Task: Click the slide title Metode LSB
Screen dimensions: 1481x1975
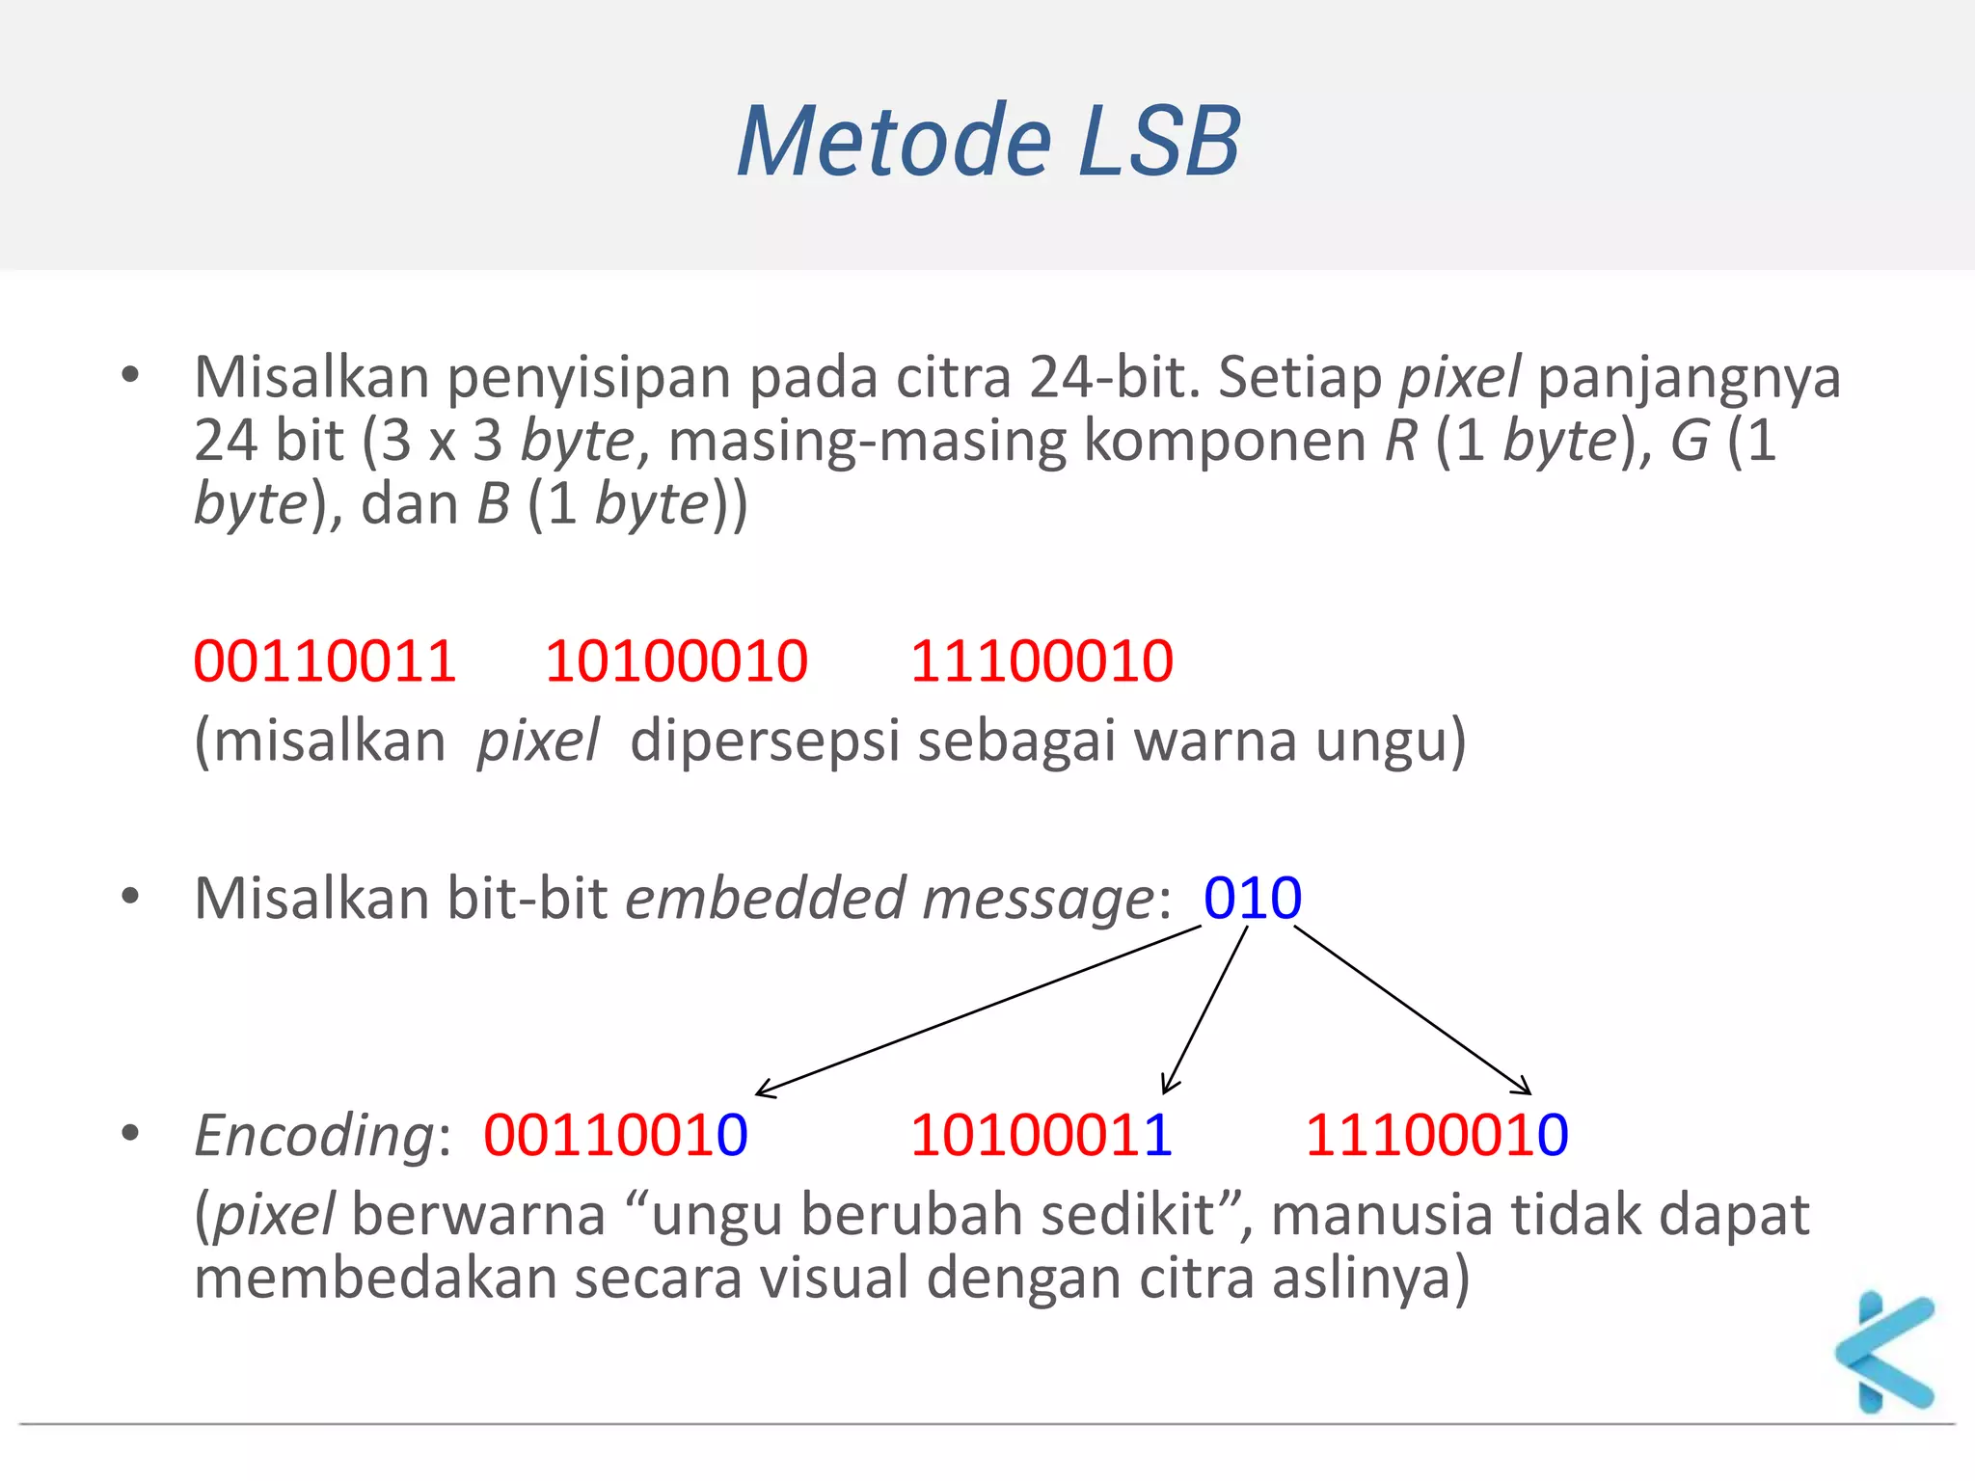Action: click(x=987, y=143)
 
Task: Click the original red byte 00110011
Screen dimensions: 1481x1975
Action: click(x=325, y=661)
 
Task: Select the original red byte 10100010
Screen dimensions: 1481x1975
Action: click(x=676, y=661)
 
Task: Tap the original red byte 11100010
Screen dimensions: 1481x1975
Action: click(x=1042, y=661)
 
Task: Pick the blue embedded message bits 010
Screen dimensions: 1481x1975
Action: click(x=1252, y=898)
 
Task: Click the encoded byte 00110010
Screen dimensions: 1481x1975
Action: click(x=615, y=1134)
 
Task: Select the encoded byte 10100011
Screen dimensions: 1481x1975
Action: click(x=1042, y=1134)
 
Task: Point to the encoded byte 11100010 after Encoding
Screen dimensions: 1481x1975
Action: click(x=1436, y=1134)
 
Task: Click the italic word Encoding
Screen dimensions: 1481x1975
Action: click(x=313, y=1136)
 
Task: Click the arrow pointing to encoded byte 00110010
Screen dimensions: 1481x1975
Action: click(x=979, y=1010)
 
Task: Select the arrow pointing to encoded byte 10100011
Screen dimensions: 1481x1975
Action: click(x=1205, y=1010)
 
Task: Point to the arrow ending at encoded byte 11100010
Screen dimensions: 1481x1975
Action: click(x=1412, y=1010)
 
